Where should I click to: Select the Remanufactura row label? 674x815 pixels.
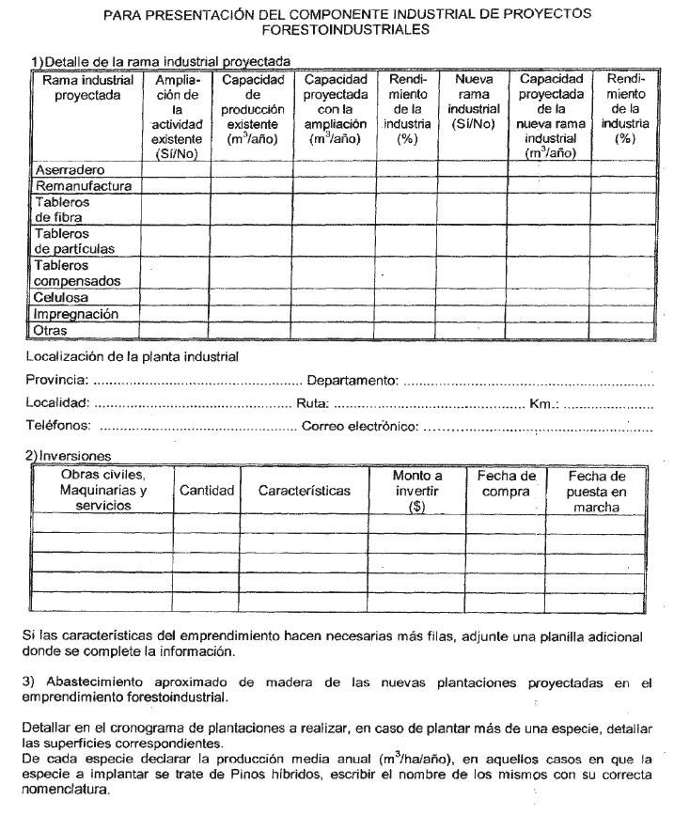pos(83,186)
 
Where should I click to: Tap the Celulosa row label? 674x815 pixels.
pos(61,298)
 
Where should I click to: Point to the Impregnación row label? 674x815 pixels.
pos(76,314)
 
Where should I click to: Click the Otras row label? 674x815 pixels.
pos(51,330)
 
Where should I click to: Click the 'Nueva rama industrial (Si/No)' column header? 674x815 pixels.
pos(473,102)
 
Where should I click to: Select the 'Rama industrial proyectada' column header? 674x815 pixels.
pos(87,87)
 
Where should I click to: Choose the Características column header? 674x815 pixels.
pos(304,491)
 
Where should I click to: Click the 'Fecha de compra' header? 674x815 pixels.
pos(506,484)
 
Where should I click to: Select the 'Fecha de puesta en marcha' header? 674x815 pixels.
pos(596,492)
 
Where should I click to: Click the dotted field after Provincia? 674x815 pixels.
pos(196,381)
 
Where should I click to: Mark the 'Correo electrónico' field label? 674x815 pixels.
pos(360,427)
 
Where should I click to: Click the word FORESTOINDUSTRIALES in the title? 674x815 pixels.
pos(347,29)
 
